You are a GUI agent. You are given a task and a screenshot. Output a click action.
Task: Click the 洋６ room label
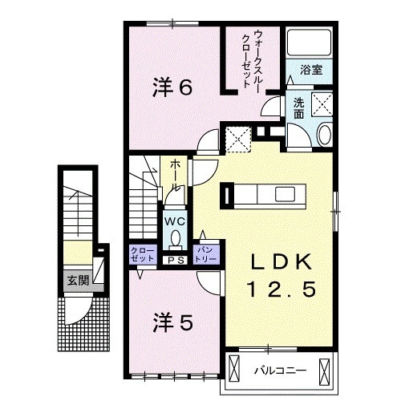pos(172,87)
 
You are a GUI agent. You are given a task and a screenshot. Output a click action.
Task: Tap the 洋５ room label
pos(172,322)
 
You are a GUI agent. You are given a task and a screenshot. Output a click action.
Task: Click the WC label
pos(176,219)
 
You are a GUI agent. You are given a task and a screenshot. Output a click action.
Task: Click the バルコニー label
pos(276,370)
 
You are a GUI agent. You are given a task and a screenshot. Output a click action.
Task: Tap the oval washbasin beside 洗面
pos(325,134)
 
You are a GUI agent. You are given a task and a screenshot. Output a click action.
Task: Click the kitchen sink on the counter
pos(286,193)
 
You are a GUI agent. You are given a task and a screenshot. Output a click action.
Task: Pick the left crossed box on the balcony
pos(234,370)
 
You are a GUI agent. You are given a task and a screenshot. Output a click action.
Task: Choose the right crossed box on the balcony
pos(324,370)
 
